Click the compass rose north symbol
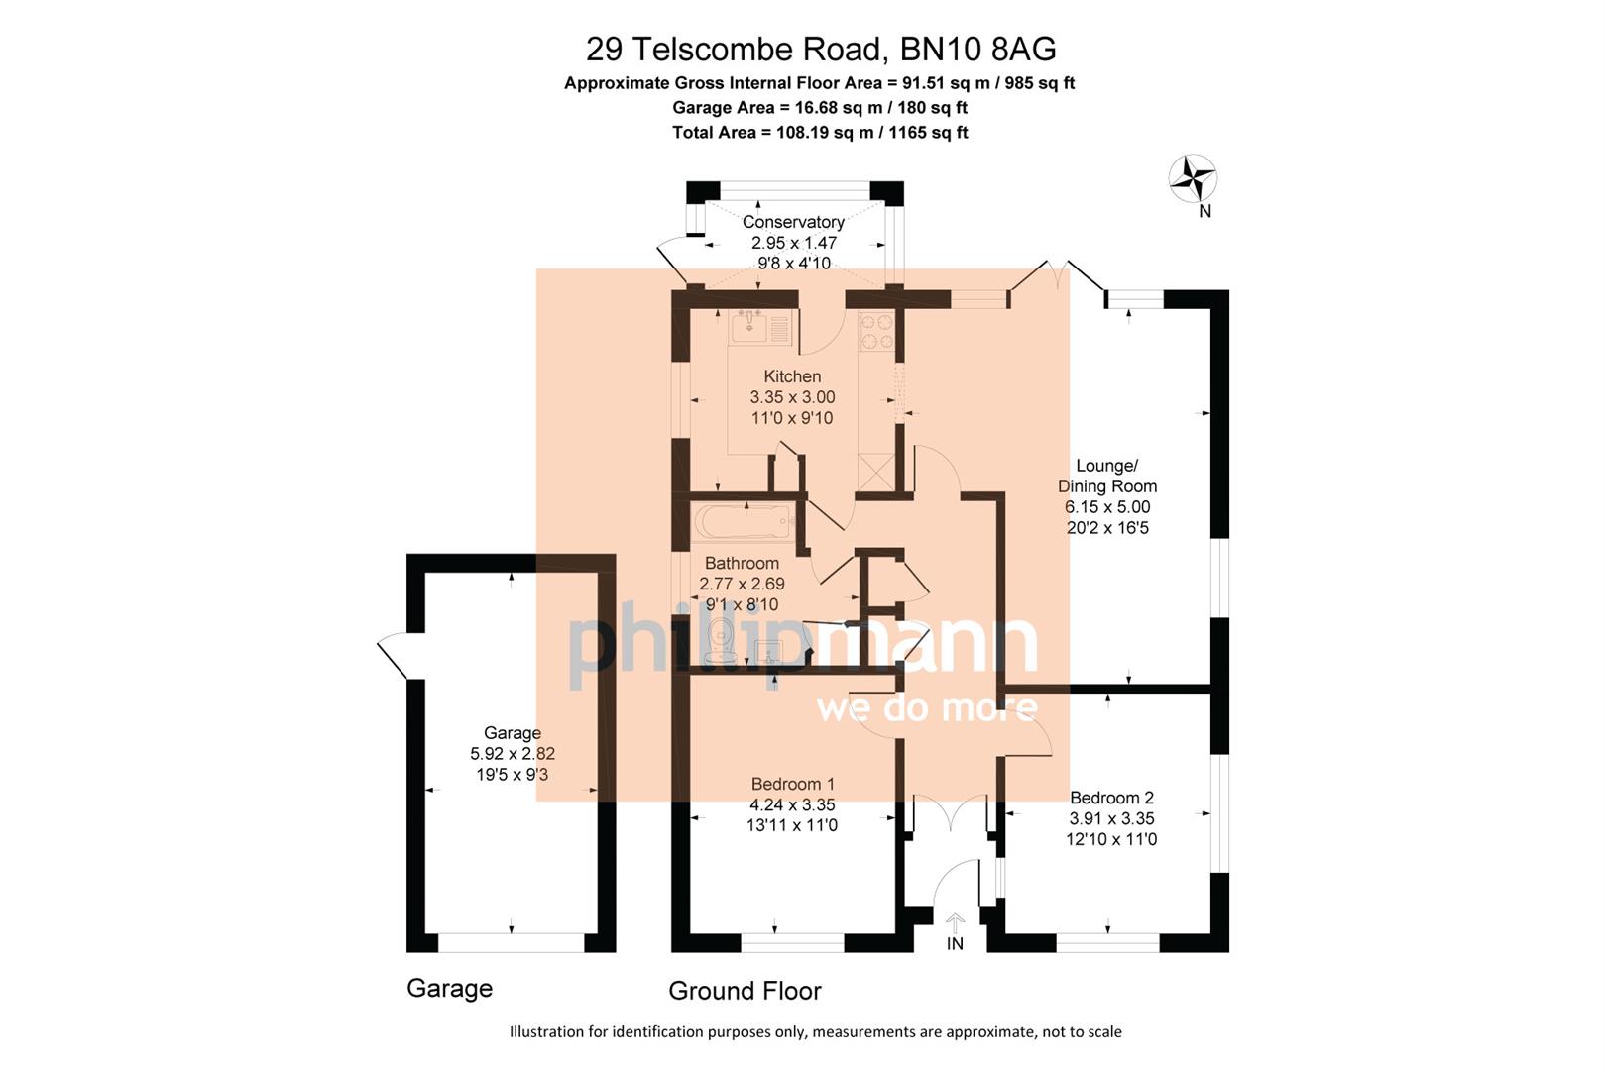tap(1193, 180)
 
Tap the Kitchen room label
tap(792, 376)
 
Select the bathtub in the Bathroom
tap(744, 521)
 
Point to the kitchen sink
tap(748, 328)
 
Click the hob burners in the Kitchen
tap(874, 331)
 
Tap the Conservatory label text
tap(793, 222)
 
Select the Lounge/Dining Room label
tap(1106, 476)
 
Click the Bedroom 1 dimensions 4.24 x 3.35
tap(792, 804)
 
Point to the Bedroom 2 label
tap(1111, 798)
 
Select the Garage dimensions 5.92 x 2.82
tap(512, 754)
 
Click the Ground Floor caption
tap(745, 990)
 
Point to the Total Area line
tap(819, 132)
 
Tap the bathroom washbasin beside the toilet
tap(768, 651)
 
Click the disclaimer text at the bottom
tap(815, 1031)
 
